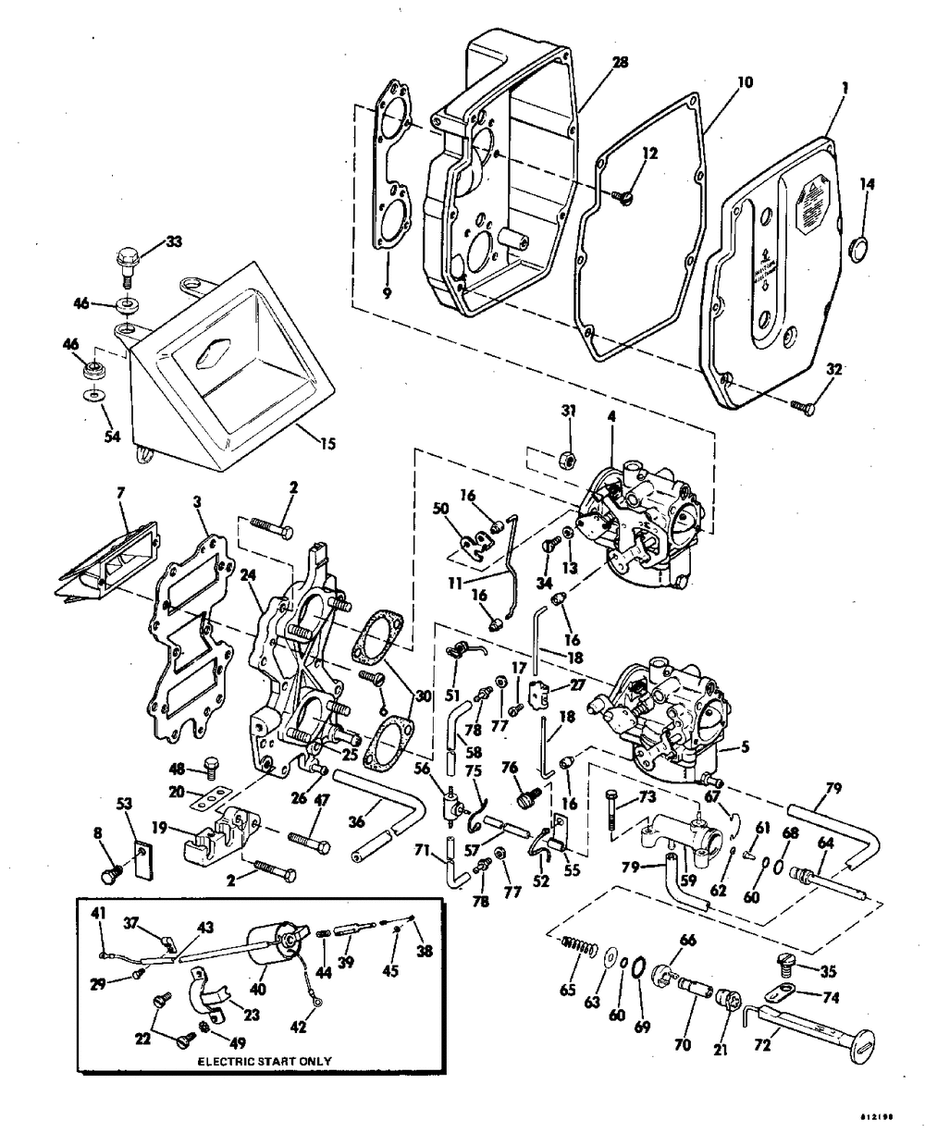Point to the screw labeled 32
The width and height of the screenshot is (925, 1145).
tap(801, 403)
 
